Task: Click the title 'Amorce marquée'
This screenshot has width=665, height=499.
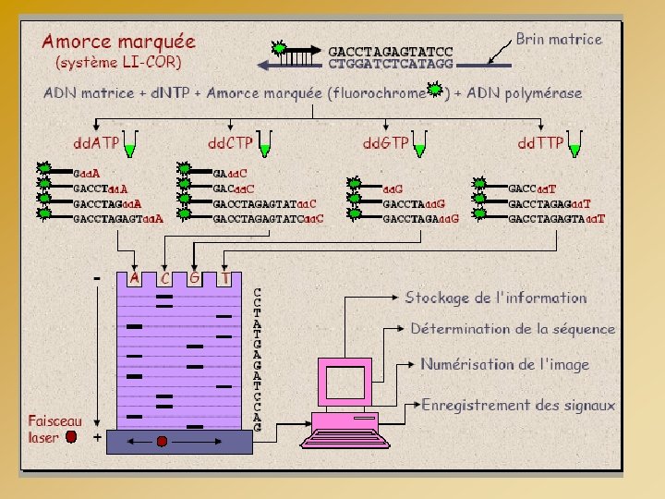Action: point(119,42)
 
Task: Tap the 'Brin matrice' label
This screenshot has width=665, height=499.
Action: point(558,39)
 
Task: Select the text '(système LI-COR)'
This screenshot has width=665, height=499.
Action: point(119,63)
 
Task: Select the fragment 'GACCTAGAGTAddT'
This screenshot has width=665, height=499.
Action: point(556,218)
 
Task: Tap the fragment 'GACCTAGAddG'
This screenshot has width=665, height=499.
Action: point(420,218)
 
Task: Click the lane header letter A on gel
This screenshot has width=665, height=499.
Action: point(135,276)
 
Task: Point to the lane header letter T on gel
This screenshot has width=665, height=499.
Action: point(225,276)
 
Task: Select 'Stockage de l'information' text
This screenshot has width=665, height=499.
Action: point(496,298)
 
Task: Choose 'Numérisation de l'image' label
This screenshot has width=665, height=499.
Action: point(504,364)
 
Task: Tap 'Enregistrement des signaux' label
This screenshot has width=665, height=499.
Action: point(518,405)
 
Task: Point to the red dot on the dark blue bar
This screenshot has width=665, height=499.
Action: point(162,442)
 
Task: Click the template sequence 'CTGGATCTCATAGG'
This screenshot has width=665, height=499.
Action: point(391,64)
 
